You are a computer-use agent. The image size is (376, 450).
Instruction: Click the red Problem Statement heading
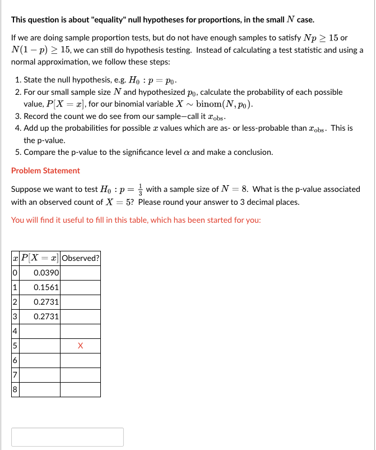pos(45,171)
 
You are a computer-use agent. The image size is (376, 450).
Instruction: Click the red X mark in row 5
pos(80,346)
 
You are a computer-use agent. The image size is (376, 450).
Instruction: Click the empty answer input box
pos(67,437)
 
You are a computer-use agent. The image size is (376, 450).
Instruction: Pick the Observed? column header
pos(80,258)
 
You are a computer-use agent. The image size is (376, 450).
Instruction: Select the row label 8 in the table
pos(15,389)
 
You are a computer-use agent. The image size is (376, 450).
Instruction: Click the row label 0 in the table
pos(15,273)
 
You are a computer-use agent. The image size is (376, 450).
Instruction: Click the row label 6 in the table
pos(15,360)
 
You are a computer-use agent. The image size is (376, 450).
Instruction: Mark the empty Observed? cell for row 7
pos(80,375)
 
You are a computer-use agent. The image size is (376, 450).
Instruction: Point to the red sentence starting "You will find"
pos(136,219)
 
